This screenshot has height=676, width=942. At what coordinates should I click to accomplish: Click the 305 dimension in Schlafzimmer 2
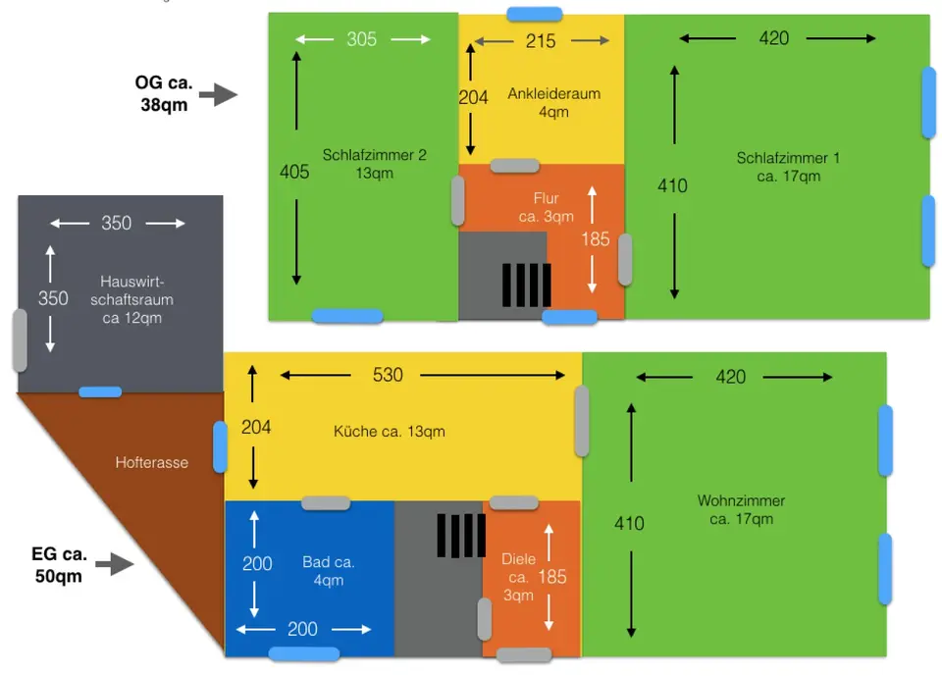click(x=362, y=39)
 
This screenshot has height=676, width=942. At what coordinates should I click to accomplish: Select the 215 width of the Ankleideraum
click(x=541, y=41)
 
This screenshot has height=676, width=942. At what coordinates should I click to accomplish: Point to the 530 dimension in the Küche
click(x=388, y=375)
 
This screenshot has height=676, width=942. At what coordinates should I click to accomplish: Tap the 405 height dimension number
click(x=294, y=172)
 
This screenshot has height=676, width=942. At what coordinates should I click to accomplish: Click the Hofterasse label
click(x=152, y=463)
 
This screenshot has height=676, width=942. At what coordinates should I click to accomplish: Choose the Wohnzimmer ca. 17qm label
click(x=742, y=509)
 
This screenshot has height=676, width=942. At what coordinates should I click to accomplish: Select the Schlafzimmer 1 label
click(x=788, y=167)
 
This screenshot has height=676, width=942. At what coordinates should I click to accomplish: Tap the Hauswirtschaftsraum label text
click(x=132, y=299)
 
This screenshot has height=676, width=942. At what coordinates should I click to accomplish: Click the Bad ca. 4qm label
click(x=329, y=571)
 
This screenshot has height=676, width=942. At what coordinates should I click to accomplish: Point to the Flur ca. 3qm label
click(x=547, y=207)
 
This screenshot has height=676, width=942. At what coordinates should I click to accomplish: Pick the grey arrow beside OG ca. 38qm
click(x=218, y=94)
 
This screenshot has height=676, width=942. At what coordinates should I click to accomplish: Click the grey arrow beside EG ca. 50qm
click(x=115, y=563)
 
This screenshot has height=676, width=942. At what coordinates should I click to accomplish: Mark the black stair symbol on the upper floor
click(x=526, y=285)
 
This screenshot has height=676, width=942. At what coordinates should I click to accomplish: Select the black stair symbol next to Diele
click(x=461, y=536)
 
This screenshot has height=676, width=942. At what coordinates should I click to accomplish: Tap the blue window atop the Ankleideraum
click(x=535, y=14)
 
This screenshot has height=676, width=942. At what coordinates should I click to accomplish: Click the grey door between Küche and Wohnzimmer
click(x=582, y=421)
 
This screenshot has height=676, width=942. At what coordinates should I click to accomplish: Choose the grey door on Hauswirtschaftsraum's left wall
click(x=20, y=340)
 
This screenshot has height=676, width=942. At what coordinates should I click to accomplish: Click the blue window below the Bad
click(x=304, y=653)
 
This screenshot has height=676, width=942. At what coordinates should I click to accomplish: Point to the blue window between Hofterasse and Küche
click(x=221, y=446)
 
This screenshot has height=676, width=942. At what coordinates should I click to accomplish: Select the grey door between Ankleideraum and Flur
click(x=515, y=166)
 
